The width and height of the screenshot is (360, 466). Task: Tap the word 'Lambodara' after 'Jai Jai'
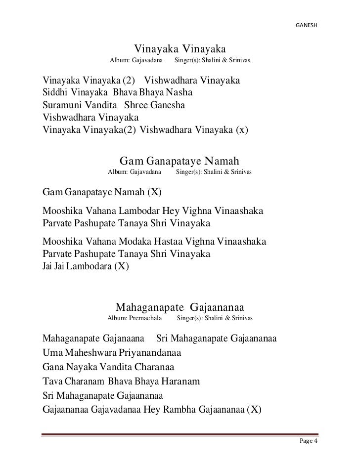(x=87, y=267)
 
